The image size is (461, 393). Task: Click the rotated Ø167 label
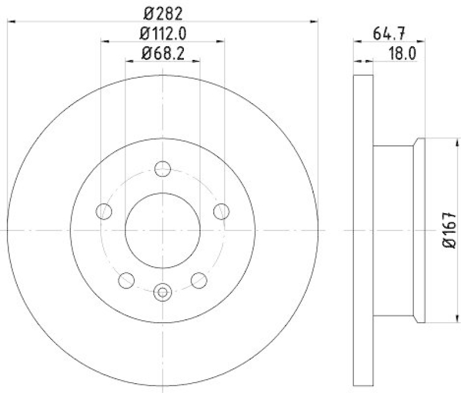[x=450, y=230]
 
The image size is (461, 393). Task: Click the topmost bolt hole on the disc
[x=163, y=169]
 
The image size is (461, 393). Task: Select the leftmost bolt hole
[x=104, y=211]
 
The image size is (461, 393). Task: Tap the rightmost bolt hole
[x=221, y=211]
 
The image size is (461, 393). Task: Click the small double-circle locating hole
[x=163, y=292]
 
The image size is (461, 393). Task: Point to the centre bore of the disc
[x=163, y=230]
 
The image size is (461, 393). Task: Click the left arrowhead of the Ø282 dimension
[x=11, y=21]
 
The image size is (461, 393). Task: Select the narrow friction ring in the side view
[x=363, y=230]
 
